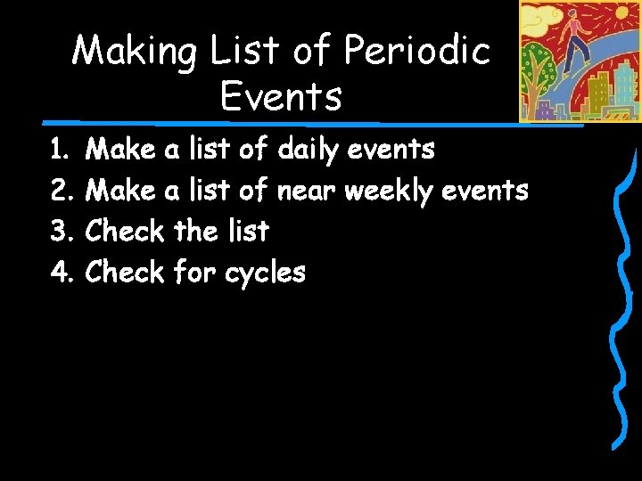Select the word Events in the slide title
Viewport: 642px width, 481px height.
pos(281,95)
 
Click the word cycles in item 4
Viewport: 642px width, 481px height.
pos(265,273)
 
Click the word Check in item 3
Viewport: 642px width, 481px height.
pos(124,232)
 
